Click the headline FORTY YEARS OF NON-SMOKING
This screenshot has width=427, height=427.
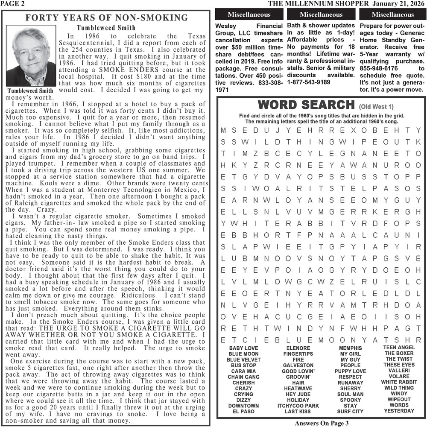tap(106, 18)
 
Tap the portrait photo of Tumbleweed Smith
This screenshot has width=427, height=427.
tap(31, 57)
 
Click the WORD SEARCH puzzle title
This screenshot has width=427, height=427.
tap(307, 105)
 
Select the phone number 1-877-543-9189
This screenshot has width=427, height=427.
tap(309, 82)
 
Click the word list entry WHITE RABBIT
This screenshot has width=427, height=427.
tap(399, 382)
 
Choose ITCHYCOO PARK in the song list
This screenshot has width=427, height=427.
tap(298, 406)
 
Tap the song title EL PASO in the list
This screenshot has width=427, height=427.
tap(243, 412)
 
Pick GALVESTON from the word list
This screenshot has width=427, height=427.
tap(298, 366)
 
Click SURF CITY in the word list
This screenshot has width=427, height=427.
tap(350, 412)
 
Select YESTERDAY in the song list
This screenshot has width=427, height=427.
tap(399, 411)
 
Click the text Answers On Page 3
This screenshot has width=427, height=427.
tap(322, 423)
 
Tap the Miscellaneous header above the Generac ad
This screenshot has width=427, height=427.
tap(392, 15)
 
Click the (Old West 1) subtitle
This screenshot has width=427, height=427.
tap(376, 106)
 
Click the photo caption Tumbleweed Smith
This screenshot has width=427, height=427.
tap(30, 91)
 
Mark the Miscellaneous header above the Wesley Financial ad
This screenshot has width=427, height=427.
tap(249, 15)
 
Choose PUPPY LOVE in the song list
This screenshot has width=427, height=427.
tap(350, 371)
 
